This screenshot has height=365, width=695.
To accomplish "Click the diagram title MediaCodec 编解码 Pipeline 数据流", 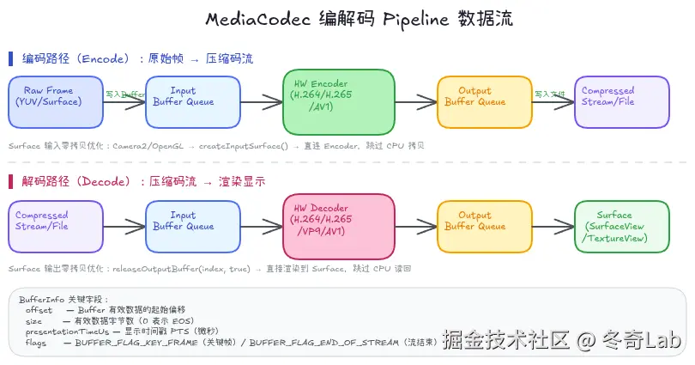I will click(x=347, y=19).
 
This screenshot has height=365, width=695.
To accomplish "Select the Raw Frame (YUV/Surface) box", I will click(x=56, y=102).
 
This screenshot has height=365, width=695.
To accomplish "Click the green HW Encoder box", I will click(x=338, y=101).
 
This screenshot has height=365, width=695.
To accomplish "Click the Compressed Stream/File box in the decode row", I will click(x=56, y=227).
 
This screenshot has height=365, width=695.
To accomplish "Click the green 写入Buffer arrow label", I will click(x=125, y=94).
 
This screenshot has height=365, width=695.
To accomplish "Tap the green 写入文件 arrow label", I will click(x=548, y=94).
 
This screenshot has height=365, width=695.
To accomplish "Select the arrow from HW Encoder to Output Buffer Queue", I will click(x=415, y=102).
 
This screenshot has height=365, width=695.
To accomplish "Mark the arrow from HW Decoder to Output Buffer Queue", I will click(x=415, y=227).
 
